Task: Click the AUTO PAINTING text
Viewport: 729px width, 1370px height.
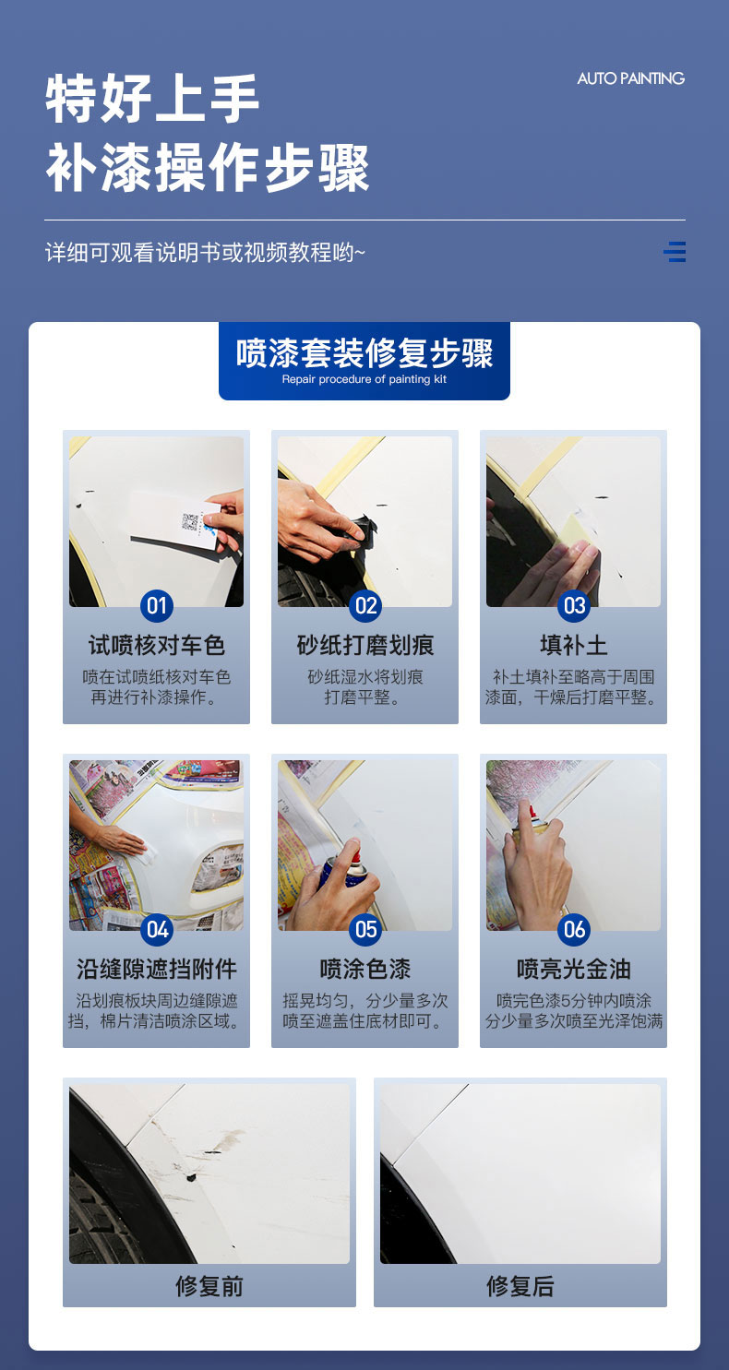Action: tap(630, 78)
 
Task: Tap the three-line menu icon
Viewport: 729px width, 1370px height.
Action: tap(675, 251)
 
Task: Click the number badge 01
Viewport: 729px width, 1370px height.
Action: tap(157, 605)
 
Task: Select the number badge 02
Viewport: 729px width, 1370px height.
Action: tap(365, 605)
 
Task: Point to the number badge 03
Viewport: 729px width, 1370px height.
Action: tap(574, 605)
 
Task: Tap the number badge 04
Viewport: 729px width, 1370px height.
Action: tap(157, 930)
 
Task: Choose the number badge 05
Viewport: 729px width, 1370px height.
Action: tap(365, 930)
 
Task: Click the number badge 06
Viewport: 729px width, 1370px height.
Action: tap(574, 930)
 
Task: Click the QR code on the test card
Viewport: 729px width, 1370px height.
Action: tap(189, 521)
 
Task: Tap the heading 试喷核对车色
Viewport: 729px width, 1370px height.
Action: tap(157, 645)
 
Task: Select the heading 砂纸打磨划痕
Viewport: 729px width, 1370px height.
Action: tap(365, 645)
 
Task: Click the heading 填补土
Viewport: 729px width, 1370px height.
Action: tap(574, 645)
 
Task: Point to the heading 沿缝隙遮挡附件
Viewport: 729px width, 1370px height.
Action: tap(157, 970)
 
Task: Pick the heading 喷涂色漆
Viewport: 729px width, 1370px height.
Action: tap(365, 970)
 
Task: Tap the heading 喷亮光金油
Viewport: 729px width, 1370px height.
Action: tap(574, 970)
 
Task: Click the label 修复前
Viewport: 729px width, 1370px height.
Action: tap(209, 1286)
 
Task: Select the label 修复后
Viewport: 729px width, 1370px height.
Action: tap(520, 1286)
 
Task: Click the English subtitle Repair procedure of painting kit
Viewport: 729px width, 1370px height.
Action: tap(364, 379)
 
